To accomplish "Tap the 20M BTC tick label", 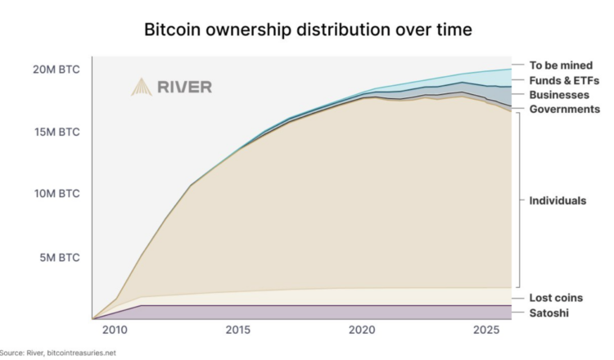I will [x=56, y=70].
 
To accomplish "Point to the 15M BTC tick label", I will [x=56, y=132].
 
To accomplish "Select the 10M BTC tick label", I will [x=56, y=194].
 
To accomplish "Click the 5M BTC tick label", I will [x=59, y=257].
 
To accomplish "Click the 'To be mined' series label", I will [x=560, y=65].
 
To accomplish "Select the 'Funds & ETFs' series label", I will [x=565, y=80].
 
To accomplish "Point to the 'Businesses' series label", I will [x=559, y=95].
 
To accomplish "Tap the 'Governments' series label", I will [x=565, y=109].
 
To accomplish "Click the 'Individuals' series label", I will [x=558, y=200].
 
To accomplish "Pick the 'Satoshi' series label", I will [x=549, y=313].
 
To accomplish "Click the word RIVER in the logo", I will [x=184, y=88].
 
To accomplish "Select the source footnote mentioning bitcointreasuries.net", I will [x=58, y=353].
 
